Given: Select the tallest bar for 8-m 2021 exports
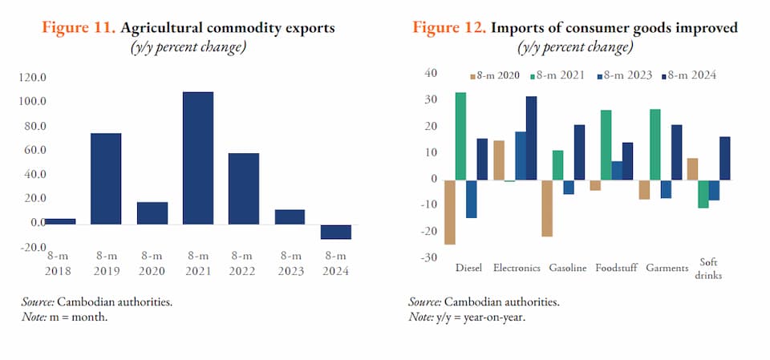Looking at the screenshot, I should click(198, 157).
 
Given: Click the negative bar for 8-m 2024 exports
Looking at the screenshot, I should click(336, 232).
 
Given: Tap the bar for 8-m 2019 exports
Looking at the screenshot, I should click(106, 178).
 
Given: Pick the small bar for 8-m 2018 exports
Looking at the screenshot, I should click(59, 220).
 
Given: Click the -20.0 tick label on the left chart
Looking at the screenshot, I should click(33, 246).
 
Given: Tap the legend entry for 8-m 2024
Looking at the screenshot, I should click(687, 75).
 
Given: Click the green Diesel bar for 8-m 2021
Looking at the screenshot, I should click(460, 136).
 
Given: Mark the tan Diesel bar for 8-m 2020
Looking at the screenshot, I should click(450, 212).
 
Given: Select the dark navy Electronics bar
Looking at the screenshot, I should click(531, 138).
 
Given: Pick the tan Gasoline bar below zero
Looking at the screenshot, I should click(547, 208).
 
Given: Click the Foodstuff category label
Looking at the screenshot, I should click(616, 268).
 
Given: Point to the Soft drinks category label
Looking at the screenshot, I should click(709, 268).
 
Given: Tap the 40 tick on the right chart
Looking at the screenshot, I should click(430, 74).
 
